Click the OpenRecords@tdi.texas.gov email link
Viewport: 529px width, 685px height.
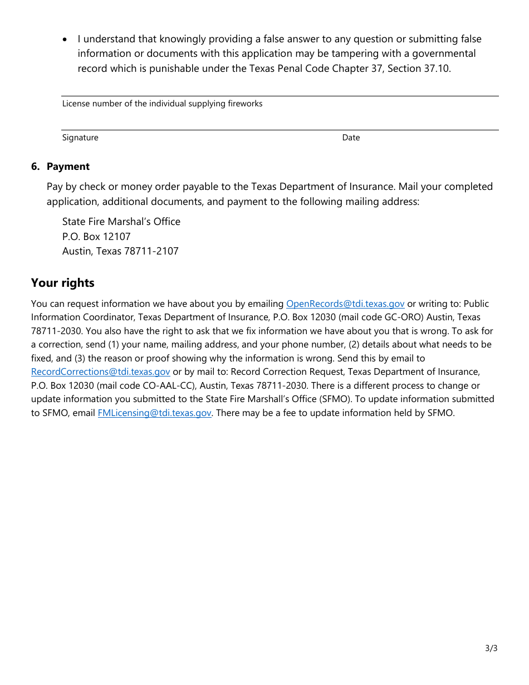pyautogui.click(x=345, y=304)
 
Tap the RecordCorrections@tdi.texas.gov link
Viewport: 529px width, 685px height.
pyautogui.click(x=100, y=371)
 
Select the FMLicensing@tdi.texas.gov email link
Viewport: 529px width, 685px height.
pyautogui.click(x=154, y=413)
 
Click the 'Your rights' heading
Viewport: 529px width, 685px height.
pyautogui.click(x=62, y=283)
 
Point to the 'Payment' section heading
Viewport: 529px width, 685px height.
pyautogui.click(x=68, y=167)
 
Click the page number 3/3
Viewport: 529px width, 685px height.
pyautogui.click(x=491, y=648)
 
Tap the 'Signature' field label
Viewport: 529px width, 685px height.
pyautogui.click(x=80, y=138)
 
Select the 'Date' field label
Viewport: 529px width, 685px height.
pyautogui.click(x=351, y=138)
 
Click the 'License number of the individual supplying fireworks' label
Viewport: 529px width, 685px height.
pyautogui.click(x=162, y=104)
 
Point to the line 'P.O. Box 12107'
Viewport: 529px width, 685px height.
pyautogui.click(x=96, y=236)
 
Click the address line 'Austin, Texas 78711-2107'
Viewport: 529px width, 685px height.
pyautogui.click(x=120, y=251)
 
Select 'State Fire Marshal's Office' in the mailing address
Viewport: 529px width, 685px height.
pyautogui.click(x=121, y=222)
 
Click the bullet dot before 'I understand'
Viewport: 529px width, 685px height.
pyautogui.click(x=65, y=40)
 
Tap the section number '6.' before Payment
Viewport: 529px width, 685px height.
pyautogui.click(x=36, y=167)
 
